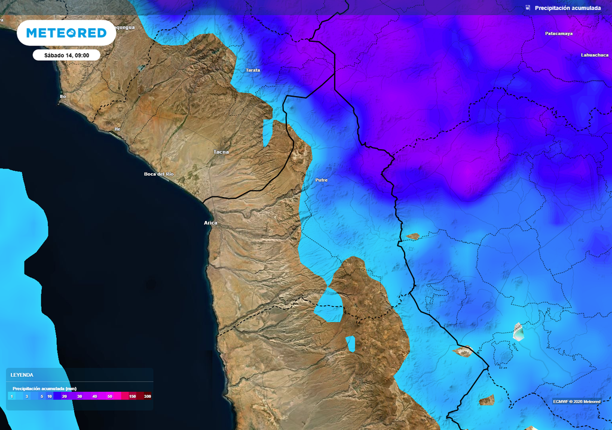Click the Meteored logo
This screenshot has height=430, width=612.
66,33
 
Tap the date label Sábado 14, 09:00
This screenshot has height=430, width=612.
66,55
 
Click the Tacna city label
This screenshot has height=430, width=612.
221,152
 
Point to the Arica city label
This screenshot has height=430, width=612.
210,223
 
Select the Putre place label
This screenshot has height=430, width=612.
322,180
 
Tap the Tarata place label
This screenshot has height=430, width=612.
253,70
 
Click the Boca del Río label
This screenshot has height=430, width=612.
158,174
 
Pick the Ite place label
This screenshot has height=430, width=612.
117,129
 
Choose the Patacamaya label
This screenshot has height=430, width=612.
559,33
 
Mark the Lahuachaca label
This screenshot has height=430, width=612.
595,55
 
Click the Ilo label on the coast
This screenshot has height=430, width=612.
62,96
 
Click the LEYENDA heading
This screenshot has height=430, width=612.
22,374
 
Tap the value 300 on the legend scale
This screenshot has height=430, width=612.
147,396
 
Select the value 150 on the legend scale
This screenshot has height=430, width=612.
133,396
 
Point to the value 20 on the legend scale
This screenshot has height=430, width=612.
64,396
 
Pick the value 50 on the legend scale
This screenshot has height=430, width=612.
109,396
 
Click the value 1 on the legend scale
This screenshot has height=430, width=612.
11,396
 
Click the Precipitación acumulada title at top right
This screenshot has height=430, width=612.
567,8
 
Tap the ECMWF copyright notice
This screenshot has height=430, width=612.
576,401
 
